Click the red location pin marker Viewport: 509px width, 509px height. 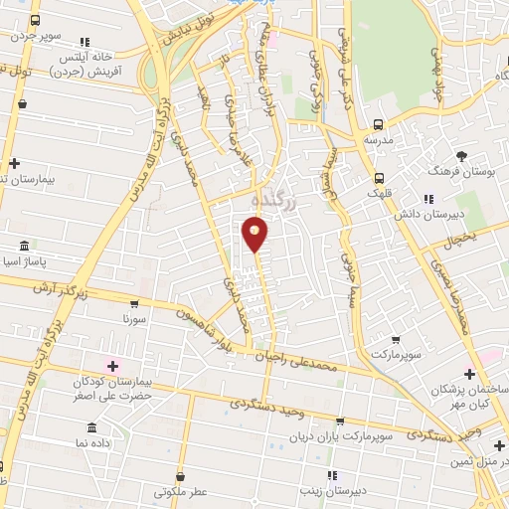[x=255, y=234]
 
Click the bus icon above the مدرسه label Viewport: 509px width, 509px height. [x=378, y=125]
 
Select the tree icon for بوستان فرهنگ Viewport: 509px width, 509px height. [x=461, y=155]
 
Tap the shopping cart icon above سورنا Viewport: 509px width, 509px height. [x=134, y=303]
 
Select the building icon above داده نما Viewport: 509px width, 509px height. [x=91, y=426]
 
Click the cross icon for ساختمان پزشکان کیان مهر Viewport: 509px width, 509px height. [x=469, y=374]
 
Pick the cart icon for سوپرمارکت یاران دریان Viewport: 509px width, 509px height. [x=339, y=423]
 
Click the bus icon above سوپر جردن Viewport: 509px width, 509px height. [x=36, y=21]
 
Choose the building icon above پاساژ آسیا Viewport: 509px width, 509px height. [x=24, y=246]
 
